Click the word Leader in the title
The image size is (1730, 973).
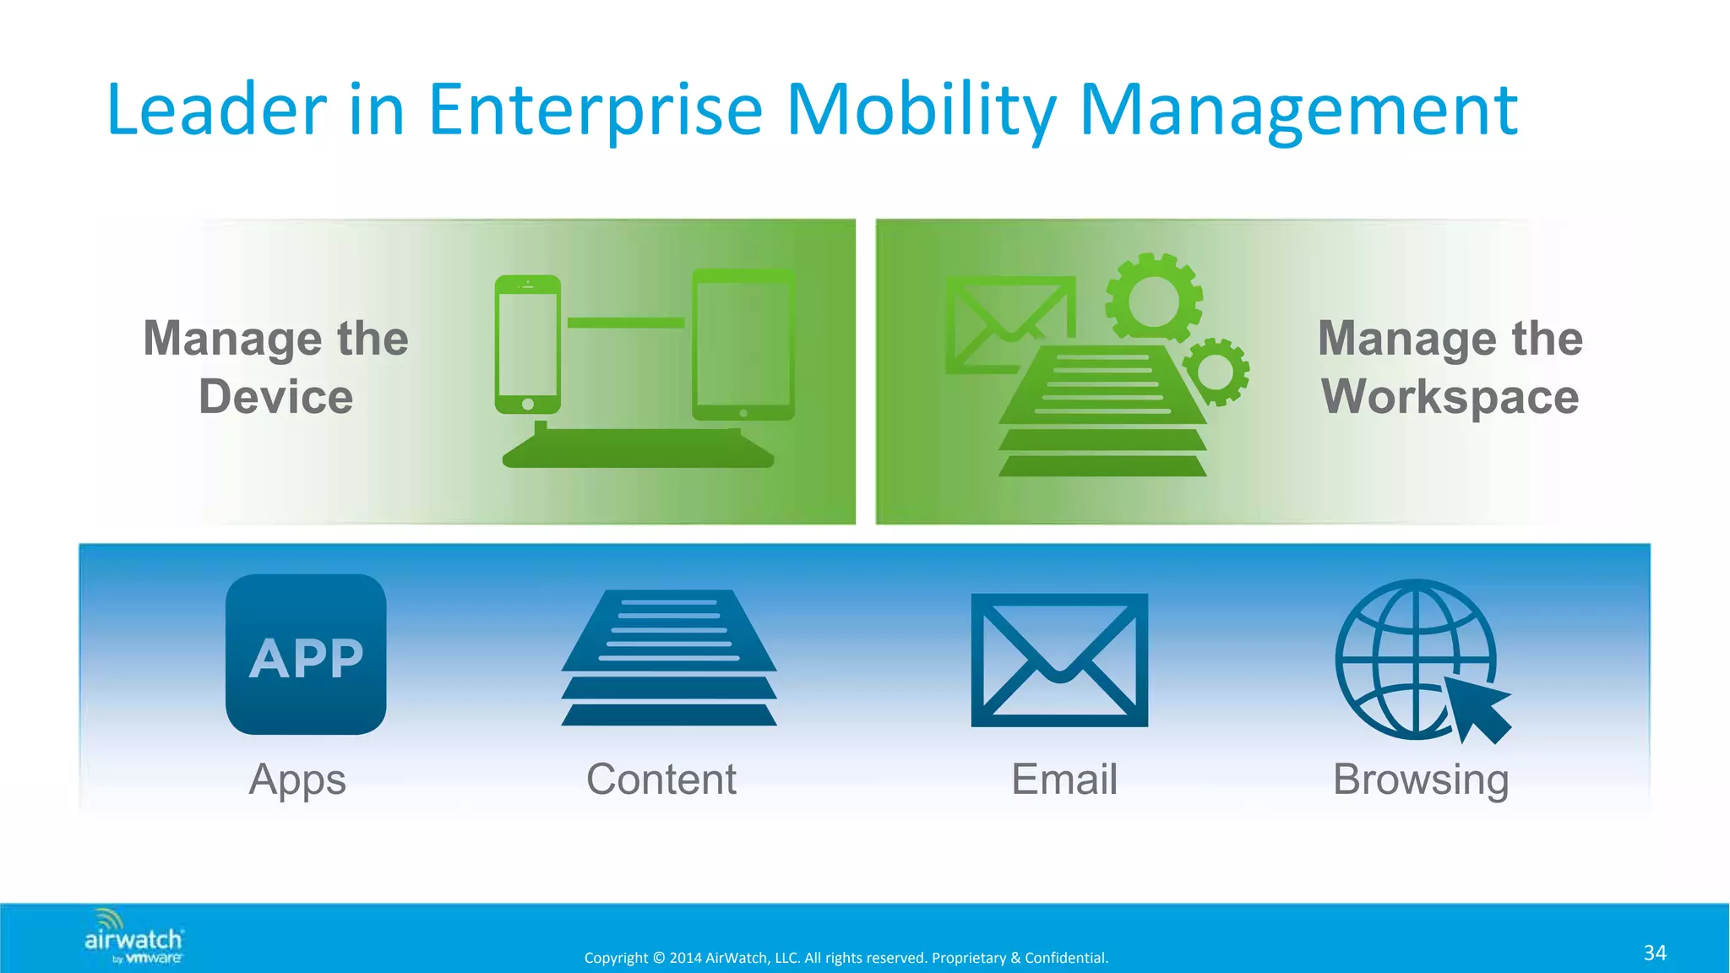(x=216, y=110)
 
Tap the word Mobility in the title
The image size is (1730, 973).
(x=921, y=110)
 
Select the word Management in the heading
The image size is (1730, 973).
(x=1298, y=110)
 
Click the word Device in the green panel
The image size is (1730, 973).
(x=276, y=397)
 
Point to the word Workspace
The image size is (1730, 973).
(x=1450, y=397)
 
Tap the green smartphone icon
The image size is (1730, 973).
(x=528, y=345)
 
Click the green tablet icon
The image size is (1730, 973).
(x=743, y=345)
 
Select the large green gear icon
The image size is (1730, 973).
(x=1154, y=299)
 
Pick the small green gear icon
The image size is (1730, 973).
(x=1216, y=371)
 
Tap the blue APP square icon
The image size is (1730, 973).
(x=306, y=655)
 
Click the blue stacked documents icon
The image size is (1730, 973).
(x=669, y=657)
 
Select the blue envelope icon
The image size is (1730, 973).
(x=1059, y=660)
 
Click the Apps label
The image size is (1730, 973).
(x=297, y=780)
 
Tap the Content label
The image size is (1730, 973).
(x=661, y=780)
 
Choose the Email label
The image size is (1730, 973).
(x=1064, y=780)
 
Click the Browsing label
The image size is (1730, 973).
(x=1421, y=780)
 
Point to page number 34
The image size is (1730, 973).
(x=1655, y=953)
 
